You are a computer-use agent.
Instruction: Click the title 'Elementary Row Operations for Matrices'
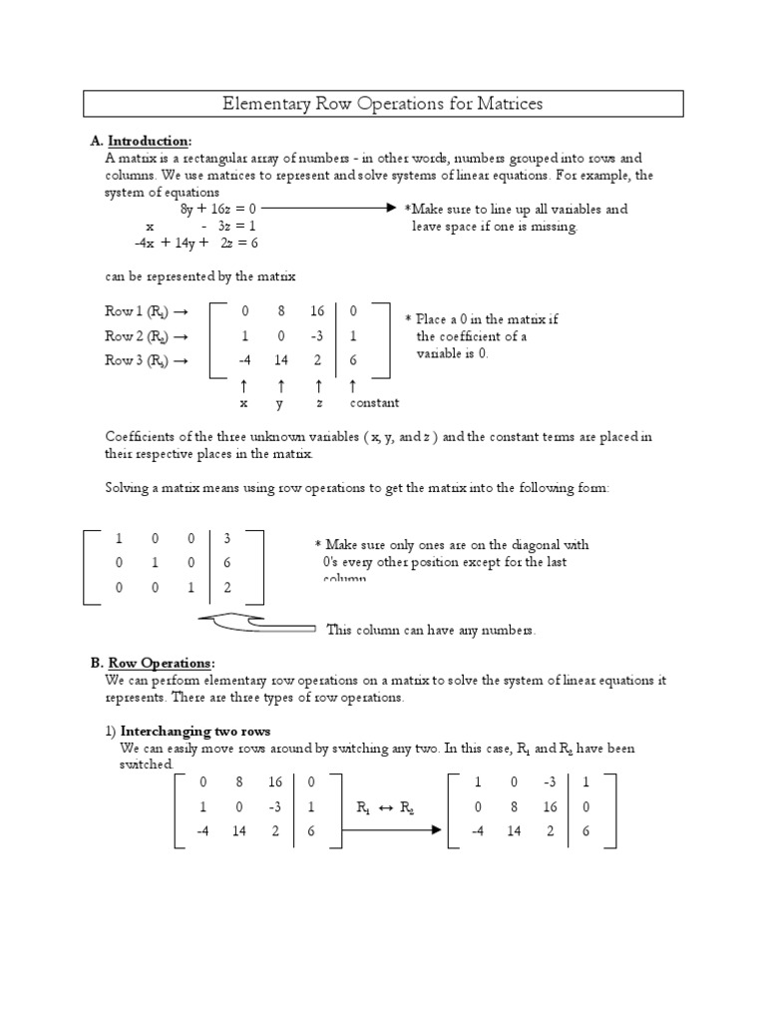coord(382,104)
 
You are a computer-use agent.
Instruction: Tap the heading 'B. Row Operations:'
coord(160,663)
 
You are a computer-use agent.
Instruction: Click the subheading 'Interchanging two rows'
coord(202,731)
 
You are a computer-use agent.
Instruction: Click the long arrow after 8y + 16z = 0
coord(329,209)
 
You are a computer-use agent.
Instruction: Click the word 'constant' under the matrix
coord(374,403)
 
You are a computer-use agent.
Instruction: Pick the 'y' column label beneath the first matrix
coord(281,403)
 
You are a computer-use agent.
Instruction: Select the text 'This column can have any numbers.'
coord(432,630)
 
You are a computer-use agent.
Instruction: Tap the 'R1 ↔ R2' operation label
coord(386,807)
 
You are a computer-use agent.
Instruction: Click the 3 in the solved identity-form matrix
coord(227,538)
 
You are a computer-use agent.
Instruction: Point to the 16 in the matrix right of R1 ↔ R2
coord(550,806)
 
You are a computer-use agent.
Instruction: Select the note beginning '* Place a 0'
coord(482,336)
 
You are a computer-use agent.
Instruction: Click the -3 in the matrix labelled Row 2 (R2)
coord(317,335)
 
